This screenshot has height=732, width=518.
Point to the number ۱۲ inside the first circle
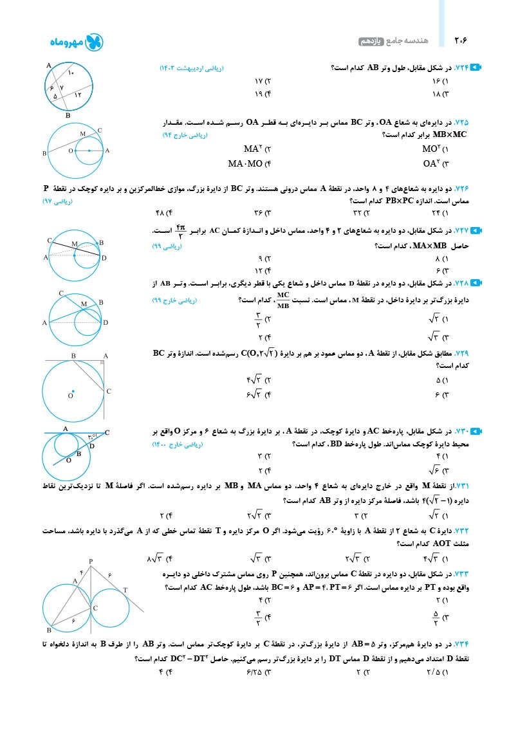78,95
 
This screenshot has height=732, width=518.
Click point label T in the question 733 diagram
125,590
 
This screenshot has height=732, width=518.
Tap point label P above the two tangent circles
91,562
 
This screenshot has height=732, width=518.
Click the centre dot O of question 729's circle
73,391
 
